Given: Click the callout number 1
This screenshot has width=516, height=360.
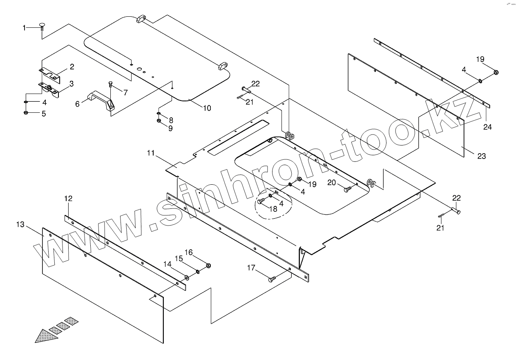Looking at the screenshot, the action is tap(24, 28).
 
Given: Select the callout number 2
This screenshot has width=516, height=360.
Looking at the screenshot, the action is tap(71, 67).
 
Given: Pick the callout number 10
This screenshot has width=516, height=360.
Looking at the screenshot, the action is tap(207, 108).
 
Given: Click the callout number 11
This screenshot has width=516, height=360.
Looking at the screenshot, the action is tap(151, 154).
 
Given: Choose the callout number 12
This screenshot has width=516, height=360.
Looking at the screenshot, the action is tap(68, 199).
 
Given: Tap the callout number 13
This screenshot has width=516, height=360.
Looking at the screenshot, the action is tap(20, 224).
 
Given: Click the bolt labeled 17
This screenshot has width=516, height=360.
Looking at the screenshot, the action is tap(272, 280).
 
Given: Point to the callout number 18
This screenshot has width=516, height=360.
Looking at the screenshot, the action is tap(273, 208).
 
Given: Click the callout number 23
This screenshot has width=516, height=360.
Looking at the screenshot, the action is tap(482, 156).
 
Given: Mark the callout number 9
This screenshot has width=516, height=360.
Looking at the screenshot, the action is tap(170, 128).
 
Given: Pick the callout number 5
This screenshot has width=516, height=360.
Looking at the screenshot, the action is tap(44, 114).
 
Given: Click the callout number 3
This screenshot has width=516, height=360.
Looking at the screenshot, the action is tap(71, 84).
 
